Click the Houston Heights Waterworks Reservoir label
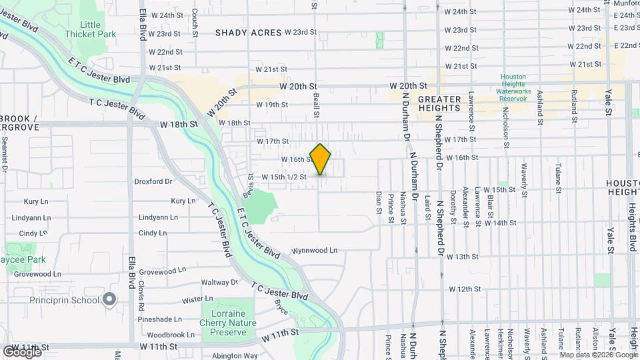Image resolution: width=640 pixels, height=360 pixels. (513, 87)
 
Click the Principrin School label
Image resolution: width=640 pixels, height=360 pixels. (65, 301)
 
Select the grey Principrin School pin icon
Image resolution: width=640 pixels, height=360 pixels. (110, 301)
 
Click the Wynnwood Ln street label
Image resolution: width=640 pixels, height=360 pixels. (315, 251)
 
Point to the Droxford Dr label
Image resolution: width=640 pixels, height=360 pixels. (153, 181)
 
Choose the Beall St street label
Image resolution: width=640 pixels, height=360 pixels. (316, 105)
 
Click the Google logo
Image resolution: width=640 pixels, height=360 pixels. (22, 351)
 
